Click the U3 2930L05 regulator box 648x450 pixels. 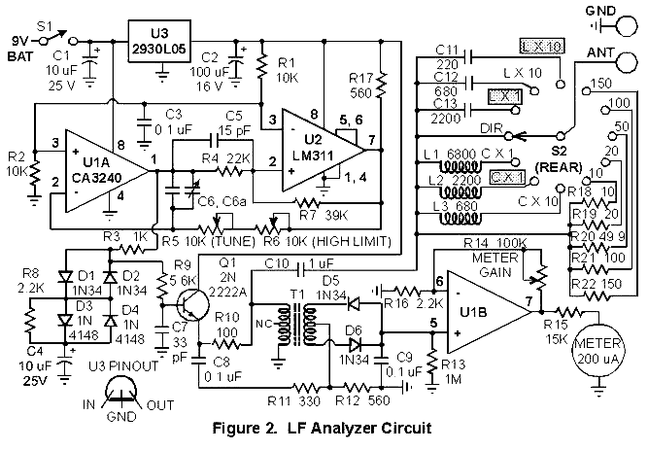tap(160, 42)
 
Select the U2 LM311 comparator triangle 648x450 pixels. tap(324, 151)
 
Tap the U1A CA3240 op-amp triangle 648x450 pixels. tap(107, 171)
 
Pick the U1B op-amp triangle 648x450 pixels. tap(489, 312)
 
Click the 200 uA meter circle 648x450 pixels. tap(598, 351)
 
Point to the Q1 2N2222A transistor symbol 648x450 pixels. tap(192, 306)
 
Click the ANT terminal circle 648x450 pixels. tap(627, 62)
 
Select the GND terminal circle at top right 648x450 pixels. tap(627, 25)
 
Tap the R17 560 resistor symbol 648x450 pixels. tap(381, 85)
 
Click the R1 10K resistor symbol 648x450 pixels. tap(261, 67)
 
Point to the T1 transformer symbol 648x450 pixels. tap(295, 325)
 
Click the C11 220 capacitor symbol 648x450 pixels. tap(468, 56)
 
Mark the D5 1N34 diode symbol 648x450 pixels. tap(354, 303)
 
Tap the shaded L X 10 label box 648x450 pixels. tap(542, 47)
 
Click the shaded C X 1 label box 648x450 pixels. tap(507, 177)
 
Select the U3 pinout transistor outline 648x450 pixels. tap(120, 391)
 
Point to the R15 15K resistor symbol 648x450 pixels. tap(569, 311)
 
